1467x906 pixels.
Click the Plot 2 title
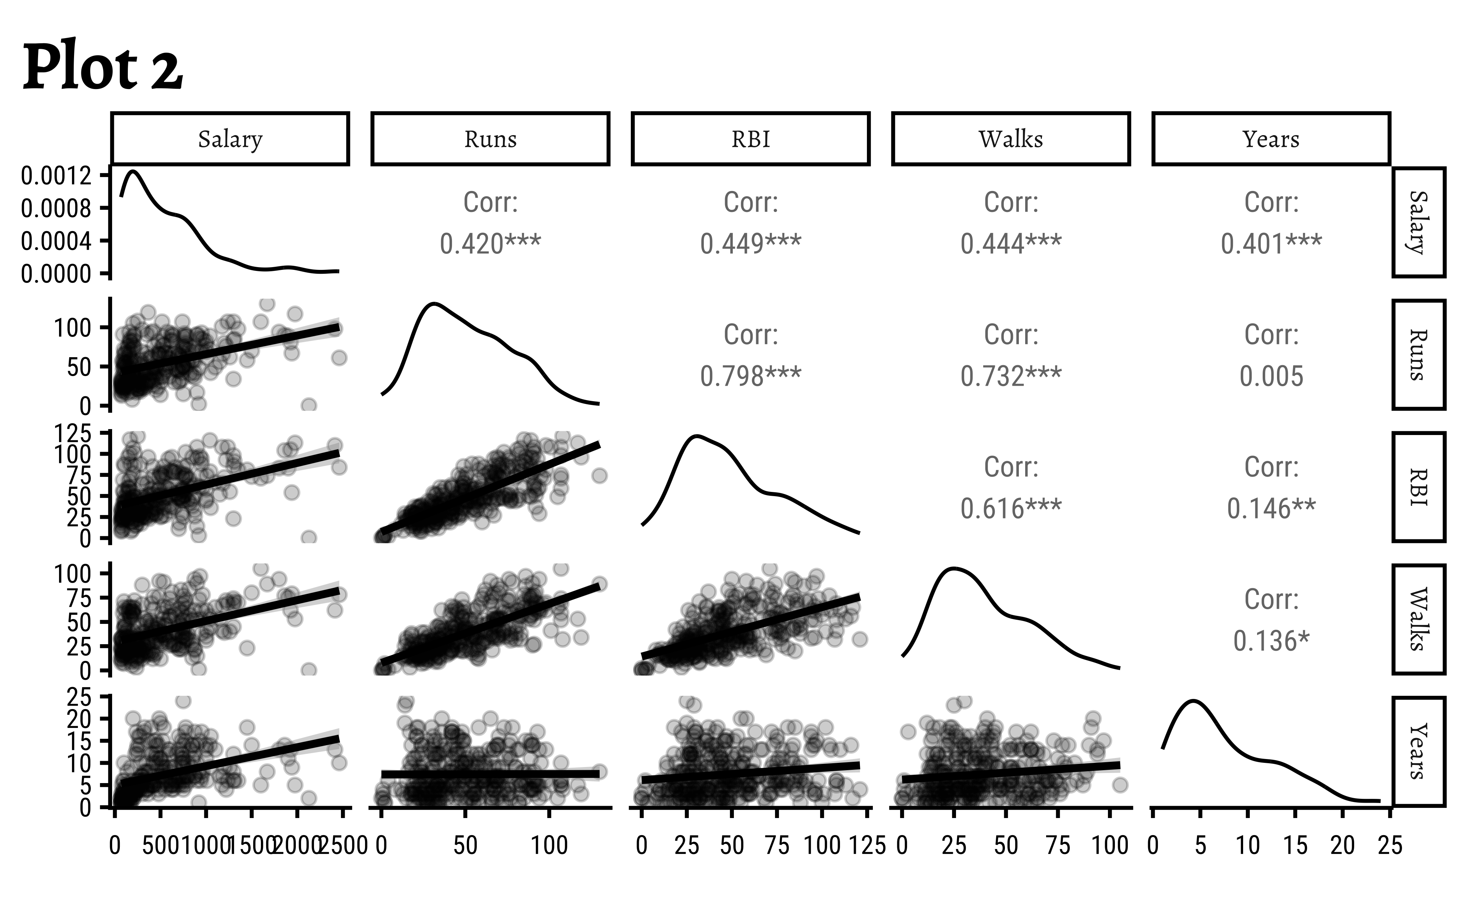[102, 67]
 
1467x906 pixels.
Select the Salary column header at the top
[230, 139]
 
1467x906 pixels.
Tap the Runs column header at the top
[490, 139]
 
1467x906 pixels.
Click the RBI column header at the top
[751, 139]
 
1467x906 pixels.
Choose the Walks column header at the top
[1011, 139]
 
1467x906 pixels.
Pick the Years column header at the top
[1271, 139]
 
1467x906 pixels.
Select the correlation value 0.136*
[1271, 641]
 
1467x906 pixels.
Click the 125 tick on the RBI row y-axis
[73, 433]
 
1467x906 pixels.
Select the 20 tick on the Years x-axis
[1342, 846]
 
